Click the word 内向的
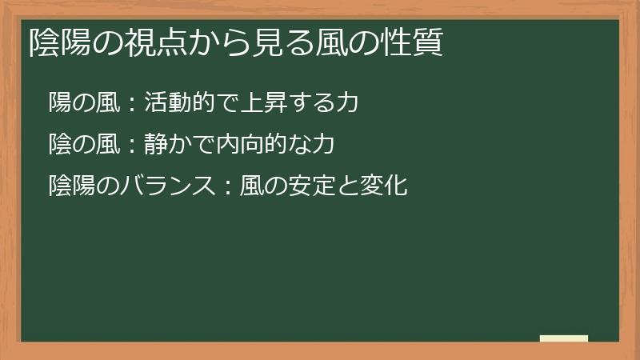(x=247, y=145)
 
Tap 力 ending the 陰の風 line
(x=321, y=145)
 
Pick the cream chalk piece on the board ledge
(x=564, y=338)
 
